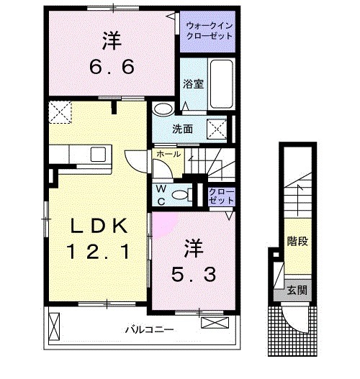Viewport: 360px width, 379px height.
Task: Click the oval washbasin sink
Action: point(163,110)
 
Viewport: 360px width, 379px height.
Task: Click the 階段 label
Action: point(297,240)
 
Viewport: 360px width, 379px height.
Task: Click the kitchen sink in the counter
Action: point(96,155)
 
